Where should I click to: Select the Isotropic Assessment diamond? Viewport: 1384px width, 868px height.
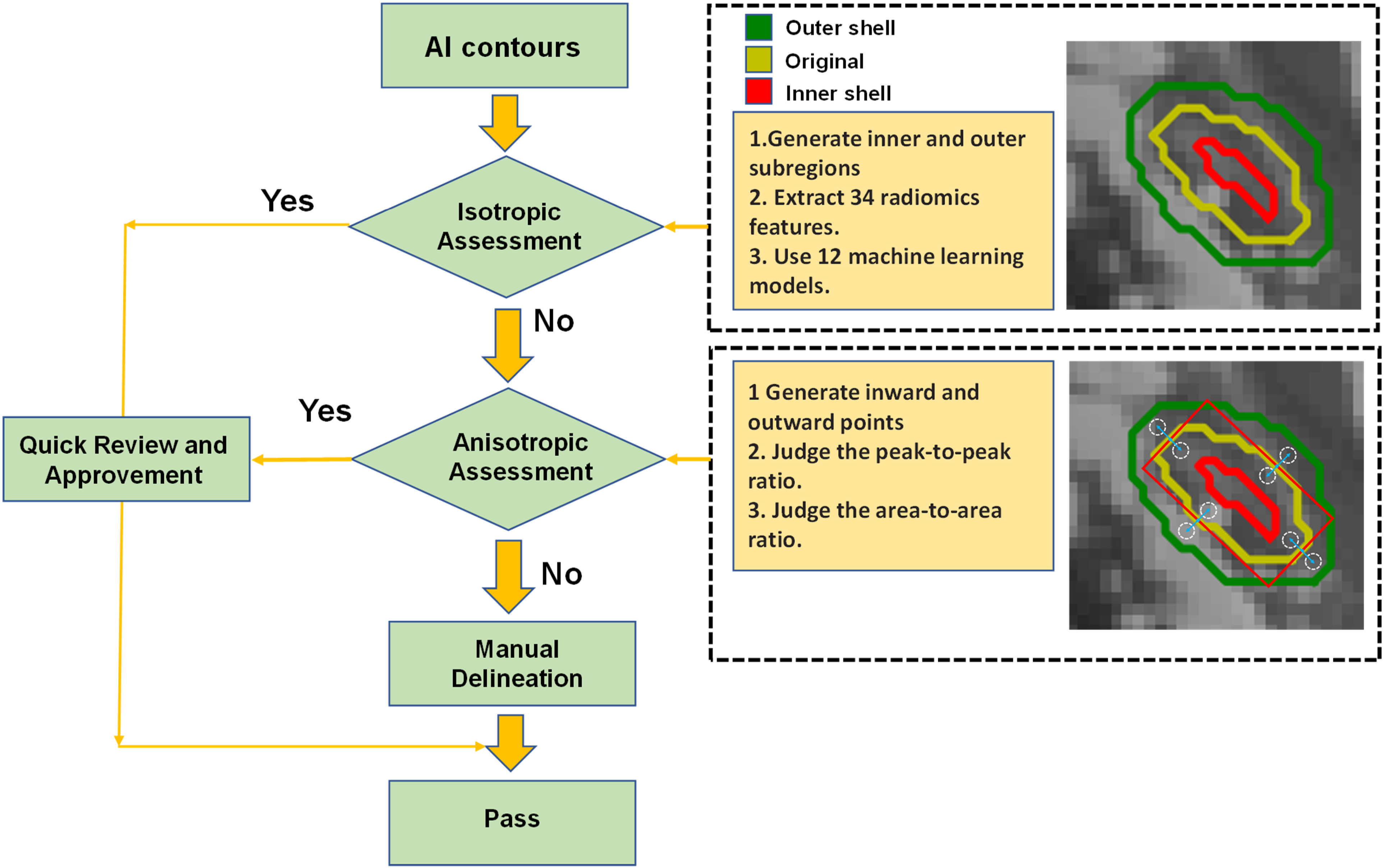pyautogui.click(x=506, y=227)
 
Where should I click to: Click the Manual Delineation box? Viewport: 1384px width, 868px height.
pyautogui.click(x=512, y=663)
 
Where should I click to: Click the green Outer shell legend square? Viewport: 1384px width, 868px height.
pyautogui.click(x=758, y=27)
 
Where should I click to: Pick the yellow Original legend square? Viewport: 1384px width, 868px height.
pyautogui.click(x=758, y=60)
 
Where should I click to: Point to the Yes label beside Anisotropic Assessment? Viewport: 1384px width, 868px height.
pyautogui.click(x=325, y=411)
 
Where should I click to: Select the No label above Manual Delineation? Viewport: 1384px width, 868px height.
pyautogui.click(x=562, y=574)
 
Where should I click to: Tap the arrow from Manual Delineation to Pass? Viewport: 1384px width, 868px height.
pyautogui.click(x=510, y=743)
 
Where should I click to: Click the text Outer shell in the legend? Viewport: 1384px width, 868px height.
pyautogui.click(x=840, y=28)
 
